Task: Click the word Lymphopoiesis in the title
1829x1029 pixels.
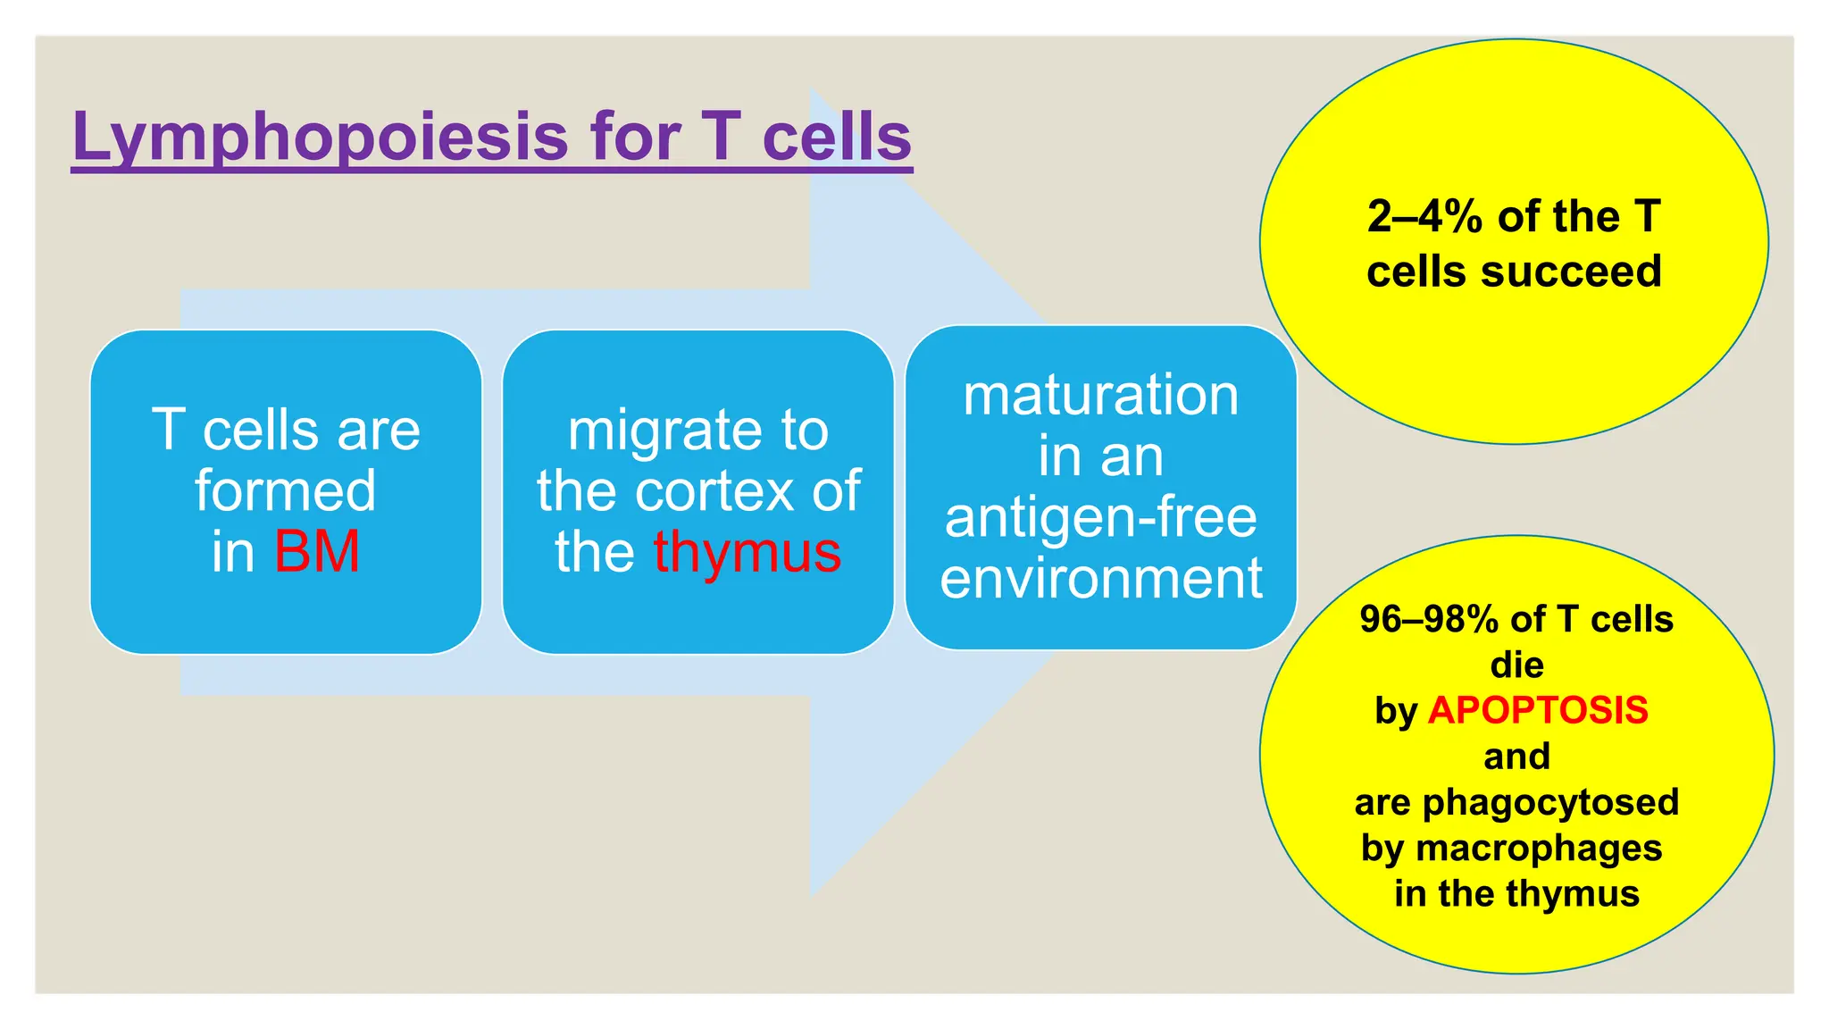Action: click(320, 138)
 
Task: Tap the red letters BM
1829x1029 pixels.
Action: click(316, 552)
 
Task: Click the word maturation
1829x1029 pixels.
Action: click(1100, 396)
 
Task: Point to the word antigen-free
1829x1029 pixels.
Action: click(1100, 519)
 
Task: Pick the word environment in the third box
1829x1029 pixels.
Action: click(1100, 579)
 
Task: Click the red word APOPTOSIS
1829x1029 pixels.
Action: click(1538, 711)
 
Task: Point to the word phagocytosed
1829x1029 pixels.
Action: click(1550, 802)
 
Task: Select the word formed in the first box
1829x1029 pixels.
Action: click(286, 491)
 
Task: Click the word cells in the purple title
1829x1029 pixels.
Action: click(836, 138)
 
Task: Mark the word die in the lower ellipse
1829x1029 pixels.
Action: click(1516, 665)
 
